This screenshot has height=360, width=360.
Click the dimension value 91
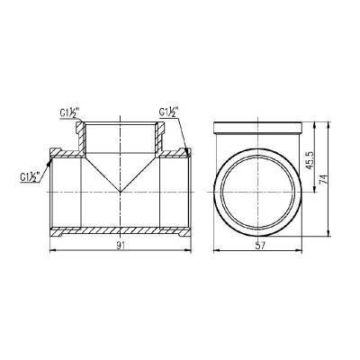[121, 246]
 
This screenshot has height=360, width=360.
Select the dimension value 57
[260, 246]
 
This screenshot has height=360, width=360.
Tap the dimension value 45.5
[310, 160]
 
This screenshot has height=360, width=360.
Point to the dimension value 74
[324, 179]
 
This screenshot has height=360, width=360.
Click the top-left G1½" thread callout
[68, 113]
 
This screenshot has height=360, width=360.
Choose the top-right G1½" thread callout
[169, 112]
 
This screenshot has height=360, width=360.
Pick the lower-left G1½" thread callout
[31, 177]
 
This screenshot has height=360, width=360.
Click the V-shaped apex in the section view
[120, 192]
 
